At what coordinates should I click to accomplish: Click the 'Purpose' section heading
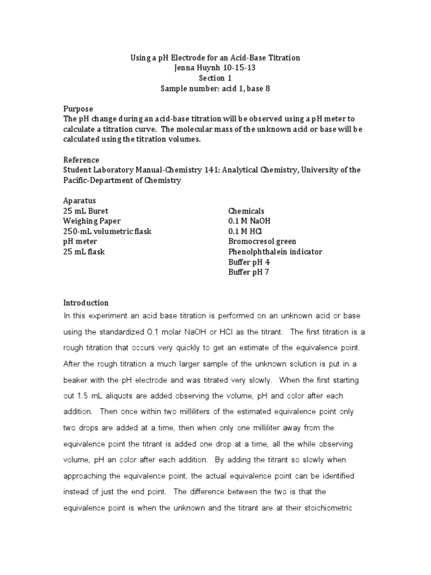78,108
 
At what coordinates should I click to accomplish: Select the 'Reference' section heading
81,160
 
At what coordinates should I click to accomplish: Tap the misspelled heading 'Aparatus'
80,200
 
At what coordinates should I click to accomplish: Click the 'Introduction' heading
86,303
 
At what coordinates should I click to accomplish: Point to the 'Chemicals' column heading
246,211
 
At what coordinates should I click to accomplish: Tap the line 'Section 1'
215,78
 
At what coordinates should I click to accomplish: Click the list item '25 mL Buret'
85,211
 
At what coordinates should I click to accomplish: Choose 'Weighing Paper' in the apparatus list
91,221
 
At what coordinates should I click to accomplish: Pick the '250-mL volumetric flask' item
107,231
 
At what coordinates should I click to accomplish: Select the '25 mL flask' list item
84,252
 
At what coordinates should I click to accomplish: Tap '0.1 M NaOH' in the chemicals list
250,221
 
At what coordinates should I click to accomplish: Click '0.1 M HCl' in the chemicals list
246,231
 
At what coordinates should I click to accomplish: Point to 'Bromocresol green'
262,241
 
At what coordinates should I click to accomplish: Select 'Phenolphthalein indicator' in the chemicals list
275,252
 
